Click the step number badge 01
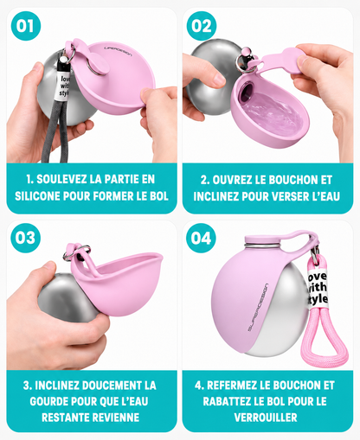pyautogui.click(x=26, y=26)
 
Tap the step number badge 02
pyautogui.click(x=202, y=26)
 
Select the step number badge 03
pyautogui.click(x=26, y=238)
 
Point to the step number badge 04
pyautogui.click(x=201, y=238)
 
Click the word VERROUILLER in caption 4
pyautogui.click(x=266, y=418)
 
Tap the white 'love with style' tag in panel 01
pyautogui.click(x=64, y=86)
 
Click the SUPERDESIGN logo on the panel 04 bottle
pyautogui.click(x=258, y=307)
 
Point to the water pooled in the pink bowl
pyautogui.click(x=273, y=114)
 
